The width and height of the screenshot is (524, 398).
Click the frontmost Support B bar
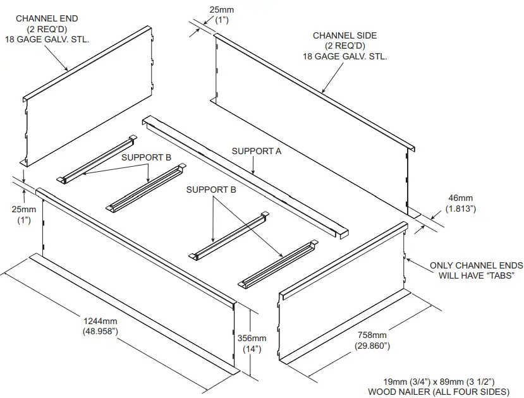pyautogui.click(x=278, y=263)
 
